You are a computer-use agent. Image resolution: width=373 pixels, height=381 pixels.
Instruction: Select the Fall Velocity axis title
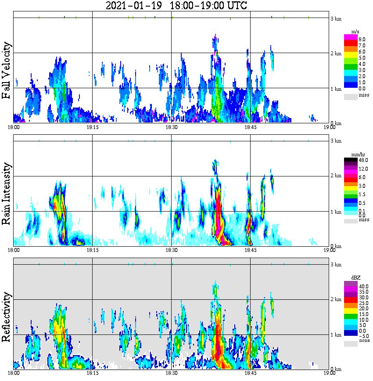coord(6,70)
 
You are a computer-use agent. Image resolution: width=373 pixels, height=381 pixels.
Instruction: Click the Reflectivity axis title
coord(6,317)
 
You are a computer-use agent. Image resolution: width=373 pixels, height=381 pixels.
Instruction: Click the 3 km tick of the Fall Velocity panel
coord(336,18)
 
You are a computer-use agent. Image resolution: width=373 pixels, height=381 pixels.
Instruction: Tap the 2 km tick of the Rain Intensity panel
coord(336,176)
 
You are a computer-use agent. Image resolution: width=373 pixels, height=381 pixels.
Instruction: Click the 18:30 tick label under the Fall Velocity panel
coord(171,127)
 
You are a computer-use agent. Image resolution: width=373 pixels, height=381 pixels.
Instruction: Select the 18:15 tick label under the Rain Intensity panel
coord(92,250)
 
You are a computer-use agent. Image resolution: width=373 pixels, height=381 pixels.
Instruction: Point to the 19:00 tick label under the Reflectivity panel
coord(330,374)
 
